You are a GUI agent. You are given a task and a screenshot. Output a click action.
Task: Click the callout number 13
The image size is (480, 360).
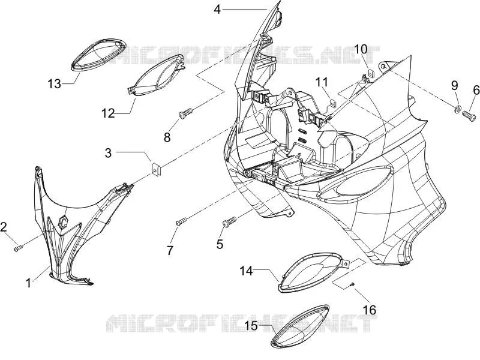tap(55, 83)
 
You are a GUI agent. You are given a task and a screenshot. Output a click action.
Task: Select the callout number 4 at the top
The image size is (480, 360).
tap(217, 10)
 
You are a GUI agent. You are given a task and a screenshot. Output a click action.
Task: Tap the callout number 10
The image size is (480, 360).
tap(361, 49)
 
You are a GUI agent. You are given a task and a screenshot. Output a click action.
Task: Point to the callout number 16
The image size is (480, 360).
tap(370, 310)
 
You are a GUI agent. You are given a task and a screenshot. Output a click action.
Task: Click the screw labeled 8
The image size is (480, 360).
tap(186, 113)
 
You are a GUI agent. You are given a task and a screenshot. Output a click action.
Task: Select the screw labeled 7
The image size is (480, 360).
tap(181, 221)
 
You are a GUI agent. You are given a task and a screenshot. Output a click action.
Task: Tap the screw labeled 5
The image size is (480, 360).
tap(230, 222)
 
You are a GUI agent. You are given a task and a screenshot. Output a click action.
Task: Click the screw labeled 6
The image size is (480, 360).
tap(469, 115)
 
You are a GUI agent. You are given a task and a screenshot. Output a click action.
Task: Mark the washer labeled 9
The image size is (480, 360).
tap(457, 109)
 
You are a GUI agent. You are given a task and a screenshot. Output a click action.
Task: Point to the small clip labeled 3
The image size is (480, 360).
tap(157, 170)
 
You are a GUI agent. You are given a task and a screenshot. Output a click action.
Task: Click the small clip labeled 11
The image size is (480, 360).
tap(332, 103)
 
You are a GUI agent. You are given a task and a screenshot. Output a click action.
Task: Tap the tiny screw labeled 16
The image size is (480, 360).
tap(352, 284)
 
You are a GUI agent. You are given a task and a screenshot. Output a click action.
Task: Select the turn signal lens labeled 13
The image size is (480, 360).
tap(98, 55)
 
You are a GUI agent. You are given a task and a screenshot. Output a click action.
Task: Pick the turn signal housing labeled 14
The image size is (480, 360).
tap(314, 272)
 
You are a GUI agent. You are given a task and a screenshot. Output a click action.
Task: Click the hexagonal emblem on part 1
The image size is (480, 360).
tap(64, 221)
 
